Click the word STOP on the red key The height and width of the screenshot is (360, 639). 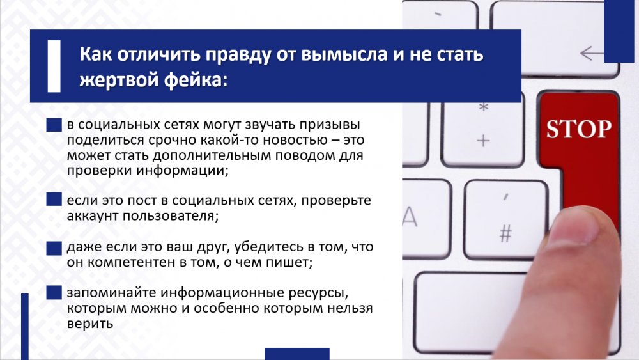[x=579, y=129]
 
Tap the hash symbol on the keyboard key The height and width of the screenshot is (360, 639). [x=505, y=233]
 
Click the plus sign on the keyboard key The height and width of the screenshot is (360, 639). [x=483, y=141]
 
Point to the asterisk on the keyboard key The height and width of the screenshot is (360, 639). [x=483, y=107]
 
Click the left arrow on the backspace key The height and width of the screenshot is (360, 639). [x=592, y=53]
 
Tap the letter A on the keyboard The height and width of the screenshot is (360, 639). [x=410, y=217]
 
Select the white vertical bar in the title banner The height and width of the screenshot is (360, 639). [x=54, y=66]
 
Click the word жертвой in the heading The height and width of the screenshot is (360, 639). [x=119, y=80]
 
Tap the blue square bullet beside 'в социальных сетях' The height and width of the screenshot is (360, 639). [x=54, y=125]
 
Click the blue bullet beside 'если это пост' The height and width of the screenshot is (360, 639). [x=54, y=200]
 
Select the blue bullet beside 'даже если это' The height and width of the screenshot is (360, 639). [x=54, y=248]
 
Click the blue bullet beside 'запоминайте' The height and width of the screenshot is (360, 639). [x=54, y=293]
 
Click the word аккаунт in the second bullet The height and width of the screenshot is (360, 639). [x=93, y=215]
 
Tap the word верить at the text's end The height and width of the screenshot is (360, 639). [x=89, y=324]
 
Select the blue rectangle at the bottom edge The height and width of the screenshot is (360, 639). [x=297, y=354]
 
